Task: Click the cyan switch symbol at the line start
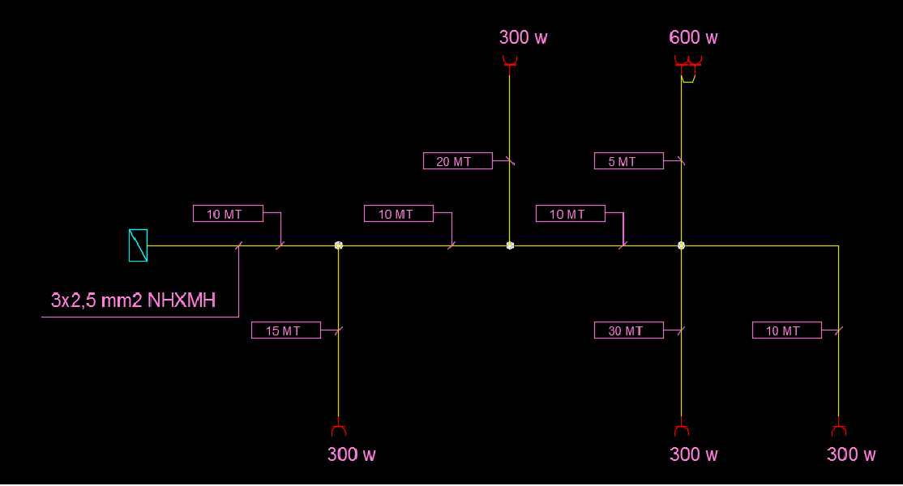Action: (139, 245)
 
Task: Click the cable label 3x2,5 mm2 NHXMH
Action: (133, 301)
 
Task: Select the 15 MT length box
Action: (286, 330)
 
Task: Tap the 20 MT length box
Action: (458, 161)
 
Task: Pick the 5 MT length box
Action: (629, 161)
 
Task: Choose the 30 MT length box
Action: (629, 330)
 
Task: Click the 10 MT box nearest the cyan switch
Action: (228, 213)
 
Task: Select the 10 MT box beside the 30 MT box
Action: (786, 330)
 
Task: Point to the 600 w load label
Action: (693, 37)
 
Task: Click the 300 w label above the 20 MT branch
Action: (523, 37)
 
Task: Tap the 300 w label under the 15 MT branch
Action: (351, 454)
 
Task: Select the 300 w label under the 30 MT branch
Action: (693, 454)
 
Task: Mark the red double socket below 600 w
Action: (688, 62)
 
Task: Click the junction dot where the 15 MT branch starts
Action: (339, 245)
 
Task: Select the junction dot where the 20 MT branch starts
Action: (510, 245)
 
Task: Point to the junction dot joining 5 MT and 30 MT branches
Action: (681, 245)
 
